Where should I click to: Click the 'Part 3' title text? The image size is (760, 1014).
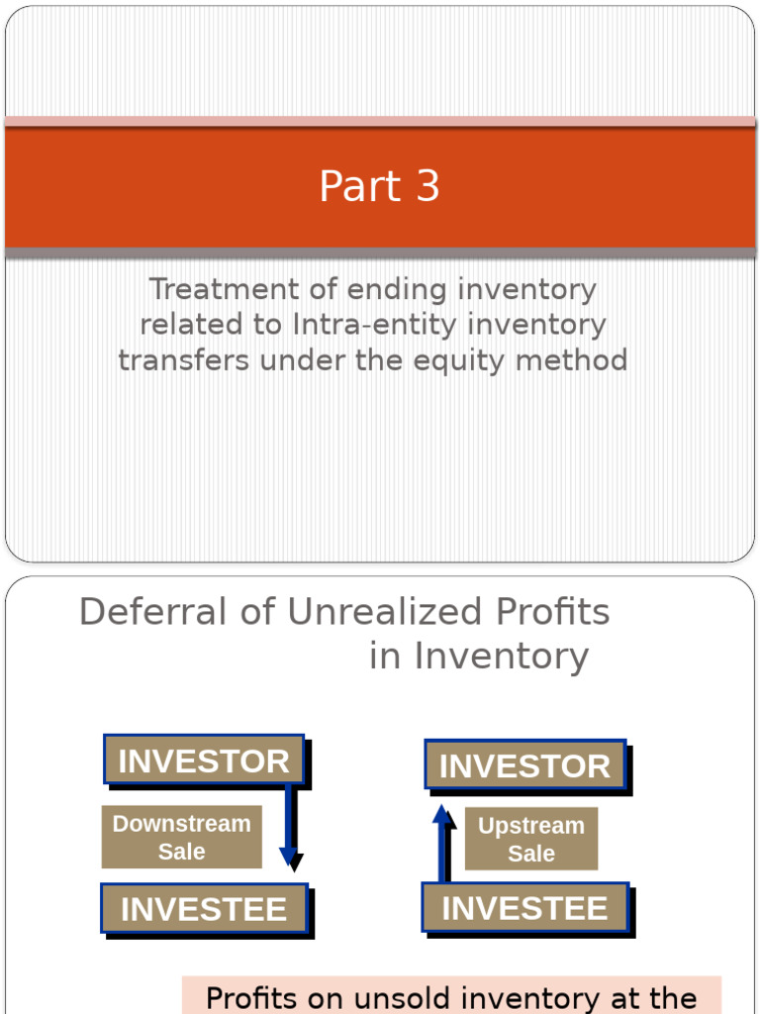coord(379,187)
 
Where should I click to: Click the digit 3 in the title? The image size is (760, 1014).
coord(427,187)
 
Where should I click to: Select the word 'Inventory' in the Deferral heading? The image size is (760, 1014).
coord(501,656)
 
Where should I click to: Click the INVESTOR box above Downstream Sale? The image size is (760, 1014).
coord(204,760)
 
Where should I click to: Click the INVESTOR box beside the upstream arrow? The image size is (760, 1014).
coord(525,765)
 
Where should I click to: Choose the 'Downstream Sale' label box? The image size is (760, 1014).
coord(182,837)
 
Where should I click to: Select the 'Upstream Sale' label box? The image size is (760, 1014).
coord(531,839)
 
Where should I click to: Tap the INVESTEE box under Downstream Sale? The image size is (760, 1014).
coord(204,909)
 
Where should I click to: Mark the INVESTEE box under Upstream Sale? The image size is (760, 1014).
coord(524,908)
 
